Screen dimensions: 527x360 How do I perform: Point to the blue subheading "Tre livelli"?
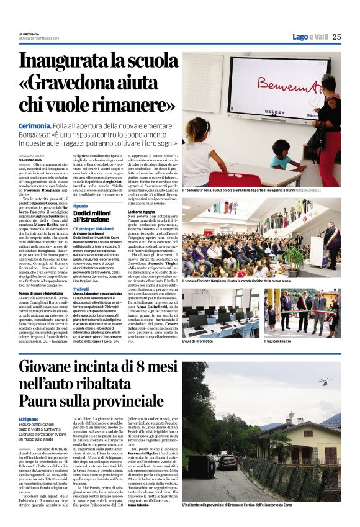point(81,289)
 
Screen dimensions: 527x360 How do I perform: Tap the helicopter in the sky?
point(323,381)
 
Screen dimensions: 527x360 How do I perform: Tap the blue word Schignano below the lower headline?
point(29,419)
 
